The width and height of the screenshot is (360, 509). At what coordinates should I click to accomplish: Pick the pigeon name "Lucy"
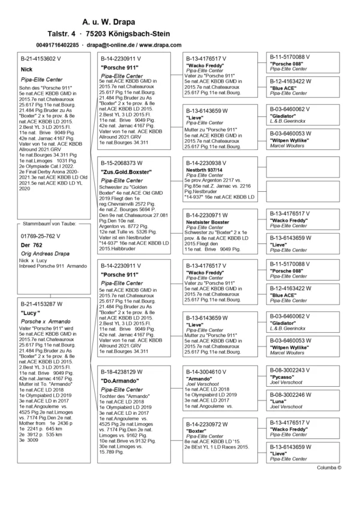[x=31, y=313]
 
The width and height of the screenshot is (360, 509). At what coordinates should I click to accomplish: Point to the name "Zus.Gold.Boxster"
[x=126, y=173]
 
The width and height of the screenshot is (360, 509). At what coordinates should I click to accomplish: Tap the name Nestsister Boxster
[x=208, y=222]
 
